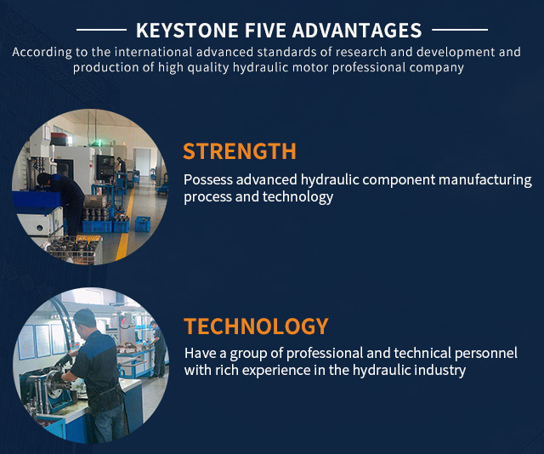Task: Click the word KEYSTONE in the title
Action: pos(187,31)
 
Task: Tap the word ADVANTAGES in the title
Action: pos(357,31)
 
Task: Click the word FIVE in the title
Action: pos(265,31)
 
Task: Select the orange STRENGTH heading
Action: pos(240,151)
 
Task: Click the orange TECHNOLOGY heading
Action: pos(256,326)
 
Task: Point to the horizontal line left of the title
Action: pos(101,30)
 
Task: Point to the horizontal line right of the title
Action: pos(460,30)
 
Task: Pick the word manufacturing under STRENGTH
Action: pos(485,180)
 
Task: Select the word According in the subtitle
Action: pos(42,53)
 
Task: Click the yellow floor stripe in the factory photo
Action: pos(125,229)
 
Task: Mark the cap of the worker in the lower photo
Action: pos(84,316)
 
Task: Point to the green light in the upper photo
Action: pos(99,142)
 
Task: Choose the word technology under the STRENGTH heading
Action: pos(297,197)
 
